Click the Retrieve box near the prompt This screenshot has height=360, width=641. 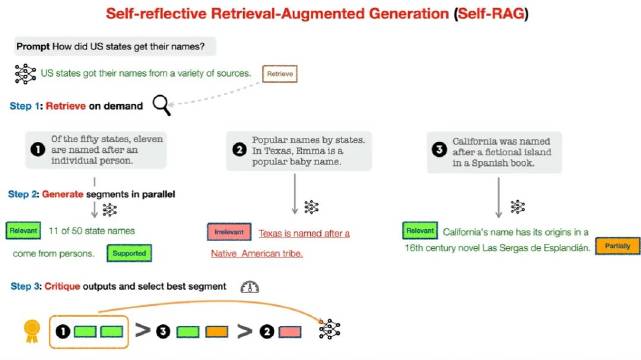(280, 74)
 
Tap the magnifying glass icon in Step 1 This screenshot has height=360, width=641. (161, 104)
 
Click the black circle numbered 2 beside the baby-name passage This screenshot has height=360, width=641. (239, 150)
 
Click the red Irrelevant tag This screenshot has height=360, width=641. (229, 232)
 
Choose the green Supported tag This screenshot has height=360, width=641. (129, 253)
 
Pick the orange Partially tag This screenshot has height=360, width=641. (612, 246)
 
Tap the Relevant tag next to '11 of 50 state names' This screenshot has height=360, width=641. (23, 232)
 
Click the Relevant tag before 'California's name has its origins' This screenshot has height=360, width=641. (420, 231)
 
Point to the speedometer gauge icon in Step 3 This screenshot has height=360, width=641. (250, 286)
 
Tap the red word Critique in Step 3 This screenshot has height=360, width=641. (63, 287)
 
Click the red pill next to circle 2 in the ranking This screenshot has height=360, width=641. (290, 329)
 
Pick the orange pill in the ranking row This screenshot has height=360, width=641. (216, 329)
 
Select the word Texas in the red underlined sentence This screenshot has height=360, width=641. (270, 233)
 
